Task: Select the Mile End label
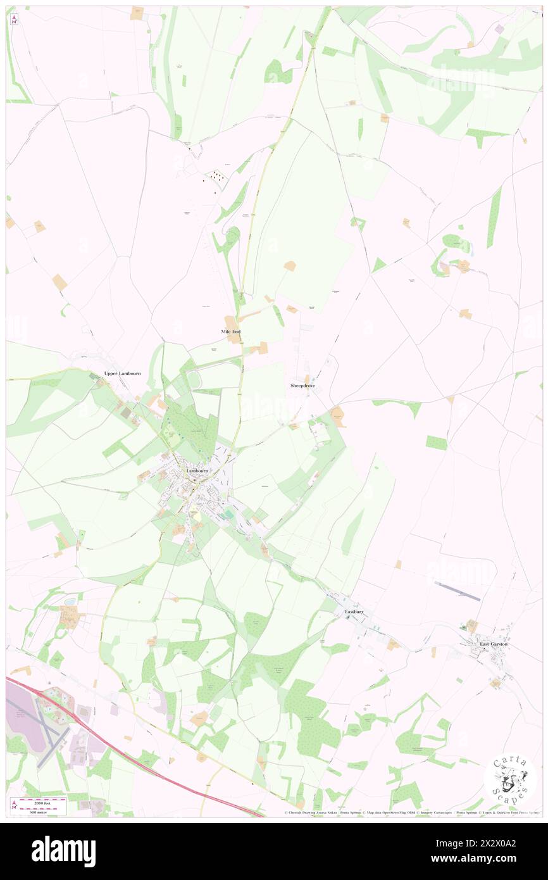[x=231, y=332]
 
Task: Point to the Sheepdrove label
[x=302, y=385]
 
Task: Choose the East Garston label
[x=494, y=644]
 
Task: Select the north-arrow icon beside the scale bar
[x=15, y=805]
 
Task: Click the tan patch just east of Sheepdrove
[x=338, y=415]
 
